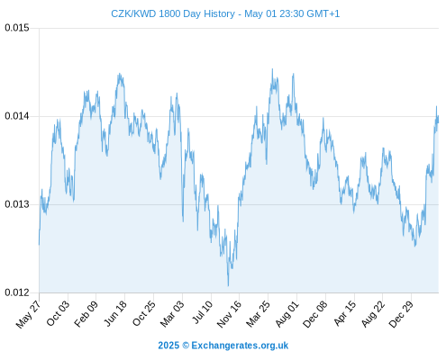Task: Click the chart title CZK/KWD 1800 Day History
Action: pyautogui.click(x=173, y=13)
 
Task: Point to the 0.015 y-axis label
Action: pyautogui.click(x=17, y=28)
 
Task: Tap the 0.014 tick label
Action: pyautogui.click(x=17, y=116)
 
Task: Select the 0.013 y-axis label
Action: pyautogui.click(x=17, y=204)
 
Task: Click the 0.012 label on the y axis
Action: pyautogui.click(x=17, y=292)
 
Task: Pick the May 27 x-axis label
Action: pyautogui.click(x=28, y=313)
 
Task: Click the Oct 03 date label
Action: pyautogui.click(x=58, y=313)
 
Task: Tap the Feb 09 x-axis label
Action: pyautogui.click(x=86, y=313)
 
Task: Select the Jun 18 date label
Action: pyautogui.click(x=115, y=313)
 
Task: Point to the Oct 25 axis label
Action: pyautogui.click(x=144, y=313)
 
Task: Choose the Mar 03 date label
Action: pyautogui.click(x=172, y=313)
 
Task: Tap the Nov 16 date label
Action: pyautogui.click(x=229, y=314)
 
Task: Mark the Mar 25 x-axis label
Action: pyautogui.click(x=258, y=313)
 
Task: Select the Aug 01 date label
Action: pyautogui.click(x=287, y=313)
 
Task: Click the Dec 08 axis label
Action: pyautogui.click(x=315, y=314)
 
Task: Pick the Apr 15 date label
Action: pyautogui.click(x=345, y=313)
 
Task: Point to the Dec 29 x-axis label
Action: pyautogui.click(x=401, y=314)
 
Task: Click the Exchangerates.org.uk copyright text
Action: pyautogui.click(x=223, y=346)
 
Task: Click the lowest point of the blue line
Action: pyautogui.click(x=228, y=286)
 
